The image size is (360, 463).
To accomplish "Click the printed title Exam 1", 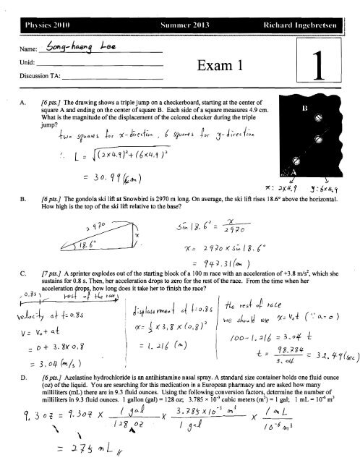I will (x=205, y=69).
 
